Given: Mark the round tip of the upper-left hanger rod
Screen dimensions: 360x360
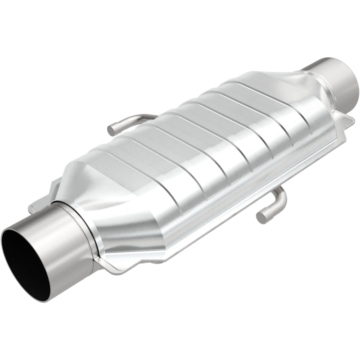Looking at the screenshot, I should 111,130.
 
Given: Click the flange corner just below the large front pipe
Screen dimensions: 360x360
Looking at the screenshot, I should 112,270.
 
